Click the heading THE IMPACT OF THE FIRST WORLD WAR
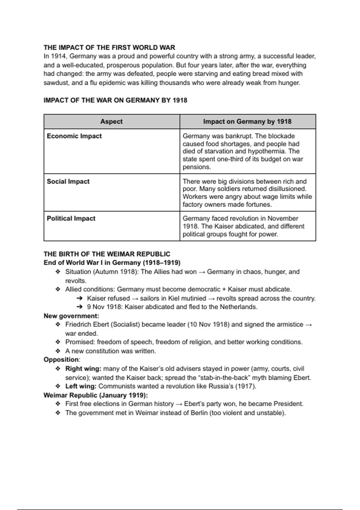tap(109, 47)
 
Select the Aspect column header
tap(111, 121)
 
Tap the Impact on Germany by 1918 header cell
tap(247, 121)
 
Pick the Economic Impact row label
tap(74, 136)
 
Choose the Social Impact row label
tap(68, 181)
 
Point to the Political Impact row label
tap(71, 218)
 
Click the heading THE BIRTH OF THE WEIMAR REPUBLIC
tap(107, 254)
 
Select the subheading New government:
tap(71, 316)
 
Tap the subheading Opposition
tap(61, 360)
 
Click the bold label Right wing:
tap(83, 369)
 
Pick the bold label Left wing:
tap(81, 386)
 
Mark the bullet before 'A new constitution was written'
tap(58, 351)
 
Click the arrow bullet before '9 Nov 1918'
tap(79, 307)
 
